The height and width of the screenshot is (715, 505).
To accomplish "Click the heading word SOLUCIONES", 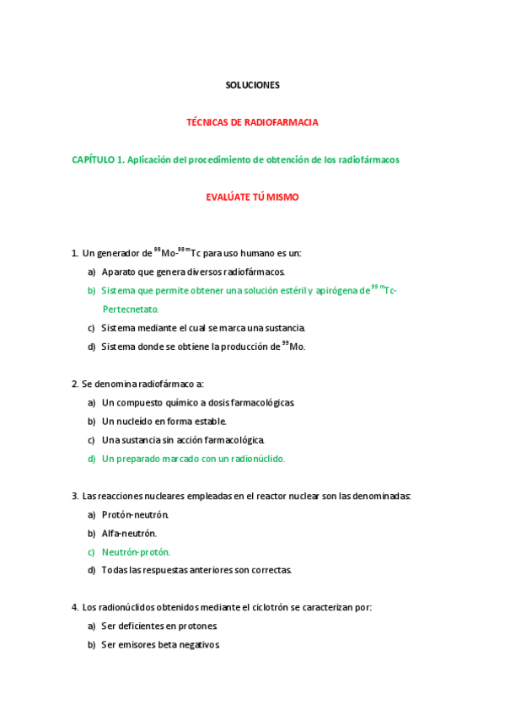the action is [x=252, y=85].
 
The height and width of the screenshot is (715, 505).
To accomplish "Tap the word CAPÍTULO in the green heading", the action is [x=92, y=159].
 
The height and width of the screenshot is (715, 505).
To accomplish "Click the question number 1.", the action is [x=74, y=253].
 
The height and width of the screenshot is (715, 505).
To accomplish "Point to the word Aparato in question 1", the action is [x=118, y=272].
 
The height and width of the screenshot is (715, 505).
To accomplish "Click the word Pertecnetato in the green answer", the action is [x=130, y=309].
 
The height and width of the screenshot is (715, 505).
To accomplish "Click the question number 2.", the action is [x=74, y=384].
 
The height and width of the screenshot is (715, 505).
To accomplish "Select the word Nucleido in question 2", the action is [x=137, y=422].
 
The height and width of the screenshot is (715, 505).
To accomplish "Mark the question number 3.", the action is [x=74, y=496].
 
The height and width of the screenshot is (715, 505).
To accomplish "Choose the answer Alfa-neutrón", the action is [x=129, y=534].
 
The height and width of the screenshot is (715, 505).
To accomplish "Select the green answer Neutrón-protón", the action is [x=136, y=552].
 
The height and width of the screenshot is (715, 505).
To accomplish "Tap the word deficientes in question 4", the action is [x=142, y=626].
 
